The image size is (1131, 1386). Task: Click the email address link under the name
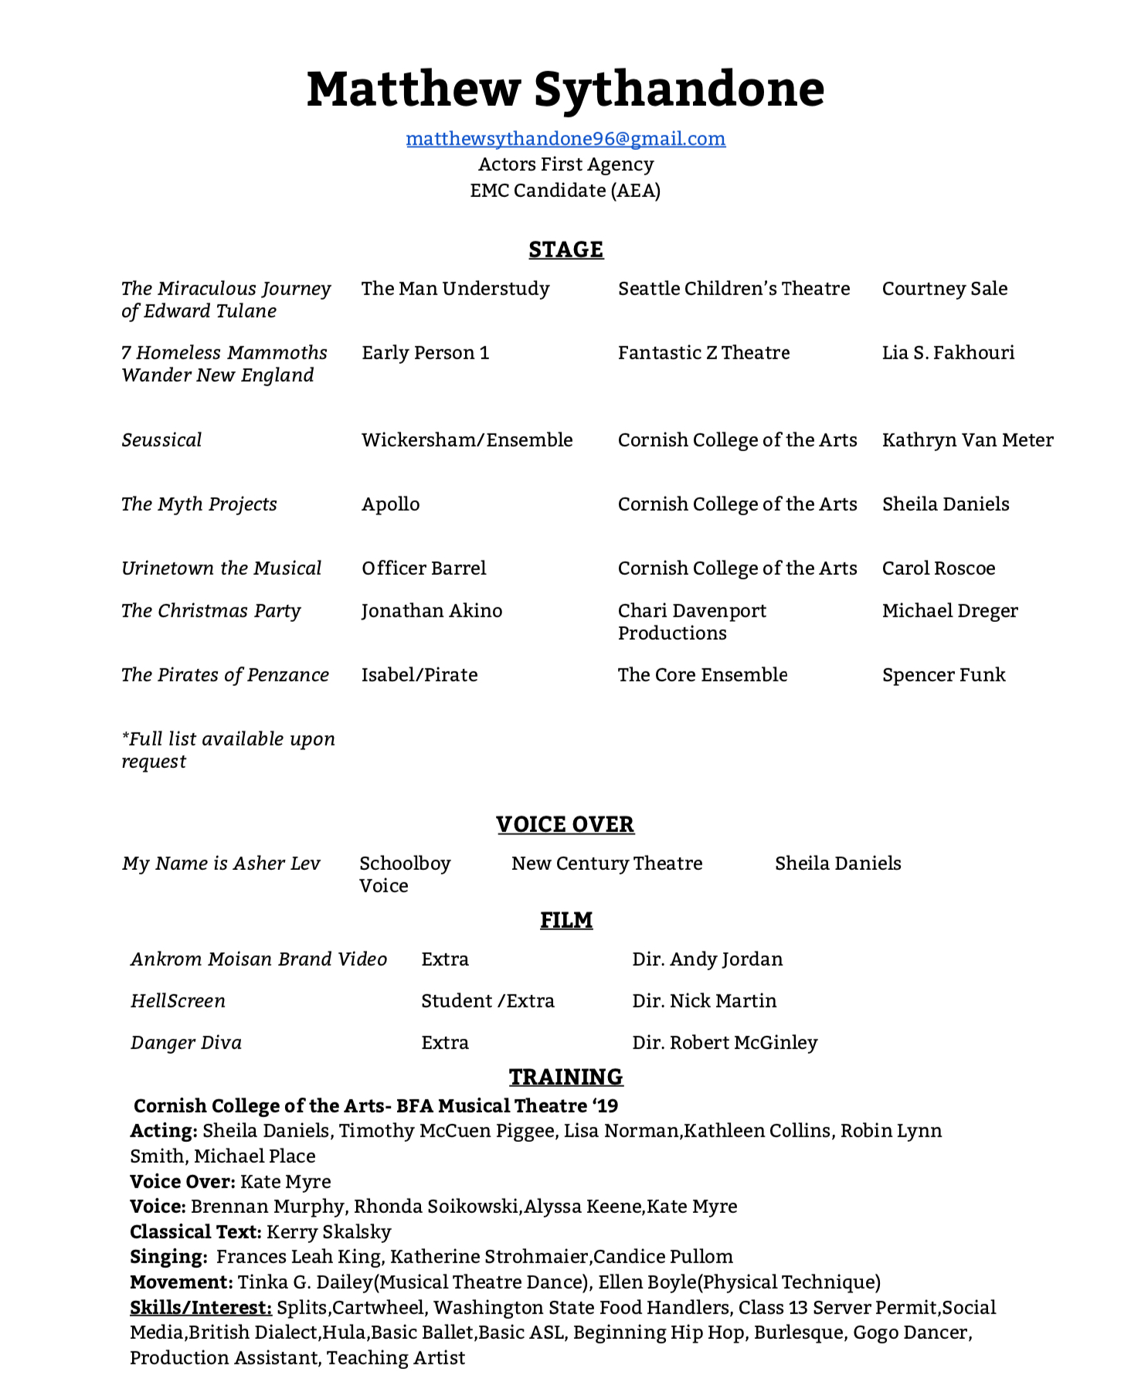[x=565, y=139]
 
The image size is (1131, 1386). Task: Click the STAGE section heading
[x=565, y=250]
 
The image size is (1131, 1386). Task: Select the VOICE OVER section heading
[x=565, y=824]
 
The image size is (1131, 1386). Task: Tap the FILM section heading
[x=566, y=920]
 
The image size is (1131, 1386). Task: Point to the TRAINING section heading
[x=565, y=1077]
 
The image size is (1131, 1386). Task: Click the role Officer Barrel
[x=424, y=569]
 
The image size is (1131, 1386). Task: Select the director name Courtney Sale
[x=945, y=289]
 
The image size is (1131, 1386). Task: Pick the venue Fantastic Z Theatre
[x=704, y=353]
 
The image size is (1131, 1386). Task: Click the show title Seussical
[x=161, y=440]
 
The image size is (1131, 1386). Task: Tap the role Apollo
[x=391, y=504]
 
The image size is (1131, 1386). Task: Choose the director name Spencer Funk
[x=944, y=675]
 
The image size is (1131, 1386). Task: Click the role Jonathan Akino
[x=432, y=611]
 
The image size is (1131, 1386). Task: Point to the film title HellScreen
[x=178, y=1001]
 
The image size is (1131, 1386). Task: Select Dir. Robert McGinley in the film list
[x=725, y=1043]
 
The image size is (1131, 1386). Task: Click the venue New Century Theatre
[x=607, y=864]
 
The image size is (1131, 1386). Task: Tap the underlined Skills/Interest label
[x=201, y=1308]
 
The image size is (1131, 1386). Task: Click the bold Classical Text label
[x=195, y=1232]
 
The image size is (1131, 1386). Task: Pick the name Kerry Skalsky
[x=329, y=1232]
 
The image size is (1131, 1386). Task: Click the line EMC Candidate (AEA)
[x=565, y=191]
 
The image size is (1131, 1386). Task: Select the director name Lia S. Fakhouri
[x=949, y=353]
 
